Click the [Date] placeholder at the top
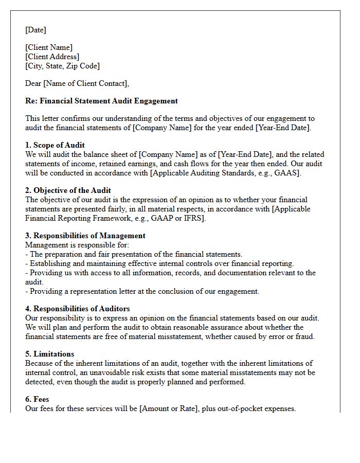[x=36, y=30]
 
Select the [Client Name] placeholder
[x=49, y=47]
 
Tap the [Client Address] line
[x=52, y=57]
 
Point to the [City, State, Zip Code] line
[x=62, y=66]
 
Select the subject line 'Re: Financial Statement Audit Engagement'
[x=101, y=101]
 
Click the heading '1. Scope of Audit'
[x=55, y=145]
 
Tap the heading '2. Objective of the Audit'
[x=68, y=190]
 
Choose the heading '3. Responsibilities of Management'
[x=85, y=236]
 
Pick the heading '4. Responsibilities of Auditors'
[x=78, y=309]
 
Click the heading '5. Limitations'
[x=49, y=354]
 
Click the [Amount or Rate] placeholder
[x=169, y=408]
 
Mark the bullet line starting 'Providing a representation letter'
[x=142, y=291]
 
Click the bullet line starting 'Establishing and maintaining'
[x=159, y=263]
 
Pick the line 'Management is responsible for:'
[x=77, y=245]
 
